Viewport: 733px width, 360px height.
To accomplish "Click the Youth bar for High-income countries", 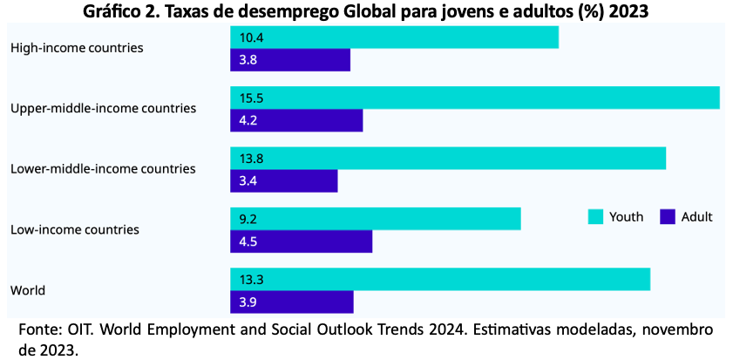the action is [394, 37].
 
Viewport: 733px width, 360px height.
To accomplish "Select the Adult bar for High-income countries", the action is [290, 60].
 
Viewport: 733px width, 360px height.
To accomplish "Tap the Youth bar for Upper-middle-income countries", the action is [474, 98].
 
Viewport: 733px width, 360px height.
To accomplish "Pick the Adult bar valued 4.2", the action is [296, 120].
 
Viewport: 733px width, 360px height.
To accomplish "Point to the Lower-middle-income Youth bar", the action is [448, 159].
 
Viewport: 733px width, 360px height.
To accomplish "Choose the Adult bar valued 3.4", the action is [284, 181].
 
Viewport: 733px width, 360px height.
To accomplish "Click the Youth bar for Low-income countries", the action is [376, 219].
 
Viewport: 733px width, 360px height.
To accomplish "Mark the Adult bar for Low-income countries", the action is [301, 241].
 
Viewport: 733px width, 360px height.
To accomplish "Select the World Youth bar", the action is [440, 279].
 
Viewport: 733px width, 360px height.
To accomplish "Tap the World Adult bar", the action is [292, 302].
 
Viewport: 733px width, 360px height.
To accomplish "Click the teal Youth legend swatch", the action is [595, 217].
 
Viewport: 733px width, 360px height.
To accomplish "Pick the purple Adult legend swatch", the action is [668, 217].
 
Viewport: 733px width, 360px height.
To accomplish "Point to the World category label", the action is [28, 290].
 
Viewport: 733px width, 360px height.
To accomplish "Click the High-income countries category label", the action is [77, 48].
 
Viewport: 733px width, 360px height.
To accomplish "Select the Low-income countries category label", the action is [75, 229].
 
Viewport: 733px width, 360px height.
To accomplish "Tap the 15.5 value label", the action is [251, 98].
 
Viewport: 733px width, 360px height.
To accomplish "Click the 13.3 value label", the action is [251, 280].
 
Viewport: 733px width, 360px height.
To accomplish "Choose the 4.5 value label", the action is [248, 241].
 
